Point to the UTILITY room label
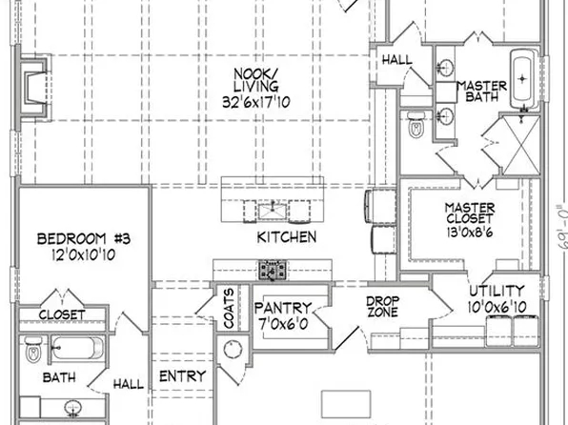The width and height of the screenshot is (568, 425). click(495, 291)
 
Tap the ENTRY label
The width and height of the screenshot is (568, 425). click(182, 376)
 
